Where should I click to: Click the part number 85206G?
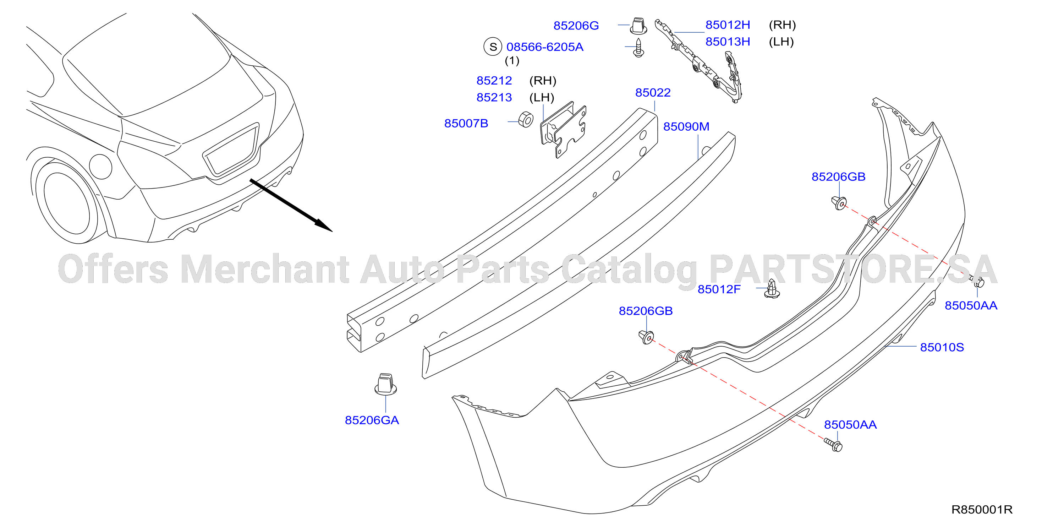click(576, 26)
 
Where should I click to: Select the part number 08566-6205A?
click(544, 47)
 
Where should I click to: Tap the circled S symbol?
click(493, 47)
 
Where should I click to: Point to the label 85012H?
click(728, 25)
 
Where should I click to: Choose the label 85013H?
click(728, 42)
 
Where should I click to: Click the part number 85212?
click(494, 81)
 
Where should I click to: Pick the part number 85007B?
click(466, 123)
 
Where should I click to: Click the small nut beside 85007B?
click(526, 119)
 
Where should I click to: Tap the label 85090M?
click(686, 126)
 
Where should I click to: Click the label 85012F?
click(719, 289)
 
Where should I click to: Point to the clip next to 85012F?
click(772, 288)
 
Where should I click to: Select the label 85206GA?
click(372, 420)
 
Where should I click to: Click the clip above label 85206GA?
click(385, 384)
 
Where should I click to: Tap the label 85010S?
click(942, 347)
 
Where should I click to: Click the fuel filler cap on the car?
click(100, 166)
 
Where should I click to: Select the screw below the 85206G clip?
click(638, 48)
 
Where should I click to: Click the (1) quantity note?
click(512, 61)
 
